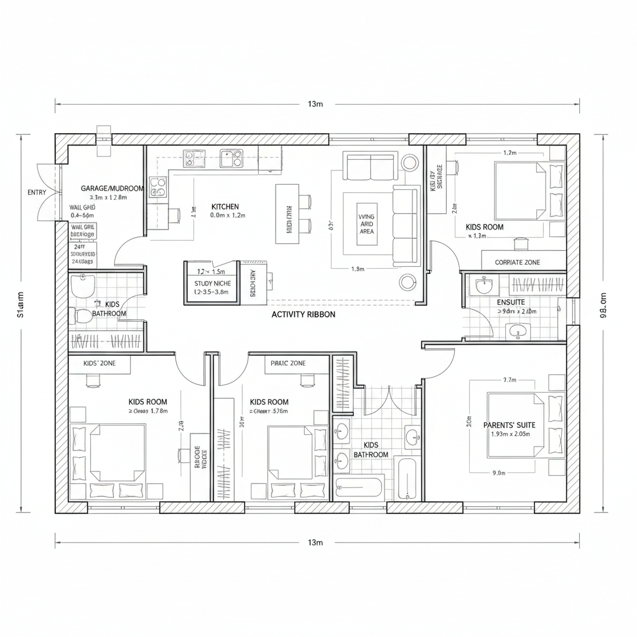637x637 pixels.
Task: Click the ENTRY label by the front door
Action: [x=37, y=192]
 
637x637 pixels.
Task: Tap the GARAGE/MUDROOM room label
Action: [x=112, y=188]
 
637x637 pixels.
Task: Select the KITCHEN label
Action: [x=225, y=207]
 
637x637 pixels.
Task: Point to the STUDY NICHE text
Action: [x=212, y=283]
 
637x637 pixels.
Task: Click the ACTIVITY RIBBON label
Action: [x=303, y=315]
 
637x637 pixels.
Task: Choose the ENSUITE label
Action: [x=511, y=302]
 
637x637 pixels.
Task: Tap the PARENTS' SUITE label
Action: [x=509, y=425]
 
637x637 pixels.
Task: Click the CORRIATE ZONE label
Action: [x=517, y=263]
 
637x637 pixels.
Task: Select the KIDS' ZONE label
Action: [x=99, y=363]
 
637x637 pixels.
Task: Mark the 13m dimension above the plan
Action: [x=315, y=104]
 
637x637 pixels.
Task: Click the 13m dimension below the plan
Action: [x=315, y=542]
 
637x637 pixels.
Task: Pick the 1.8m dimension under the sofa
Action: [x=358, y=269]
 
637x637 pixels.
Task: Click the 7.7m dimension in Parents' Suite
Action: [x=509, y=380]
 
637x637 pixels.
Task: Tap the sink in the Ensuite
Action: [x=484, y=287]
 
